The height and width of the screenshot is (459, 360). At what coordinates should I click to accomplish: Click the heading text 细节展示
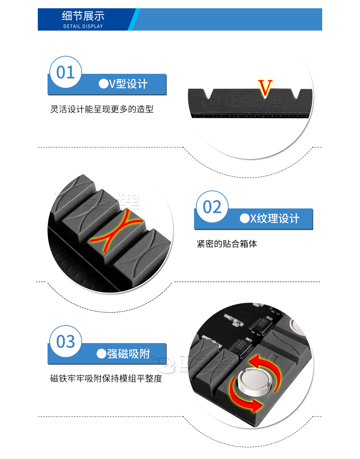click(83, 16)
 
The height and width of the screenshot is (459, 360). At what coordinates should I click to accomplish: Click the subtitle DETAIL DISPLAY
click(83, 26)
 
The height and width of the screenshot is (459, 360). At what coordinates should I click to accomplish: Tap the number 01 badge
click(66, 72)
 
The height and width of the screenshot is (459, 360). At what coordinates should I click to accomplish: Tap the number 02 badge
click(212, 207)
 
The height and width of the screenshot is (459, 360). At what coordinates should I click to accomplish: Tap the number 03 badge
click(66, 342)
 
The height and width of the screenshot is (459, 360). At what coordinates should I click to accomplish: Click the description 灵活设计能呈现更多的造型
click(102, 109)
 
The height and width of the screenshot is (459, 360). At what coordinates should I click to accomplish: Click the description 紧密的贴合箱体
click(227, 244)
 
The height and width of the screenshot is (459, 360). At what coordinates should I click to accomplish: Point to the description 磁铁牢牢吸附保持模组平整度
click(106, 378)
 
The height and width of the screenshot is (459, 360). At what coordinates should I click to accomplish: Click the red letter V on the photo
click(265, 88)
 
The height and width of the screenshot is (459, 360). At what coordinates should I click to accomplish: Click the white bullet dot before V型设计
click(103, 84)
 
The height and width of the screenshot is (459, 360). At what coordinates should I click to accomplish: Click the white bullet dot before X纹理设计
click(245, 219)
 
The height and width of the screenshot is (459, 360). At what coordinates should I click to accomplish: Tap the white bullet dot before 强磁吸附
click(101, 354)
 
